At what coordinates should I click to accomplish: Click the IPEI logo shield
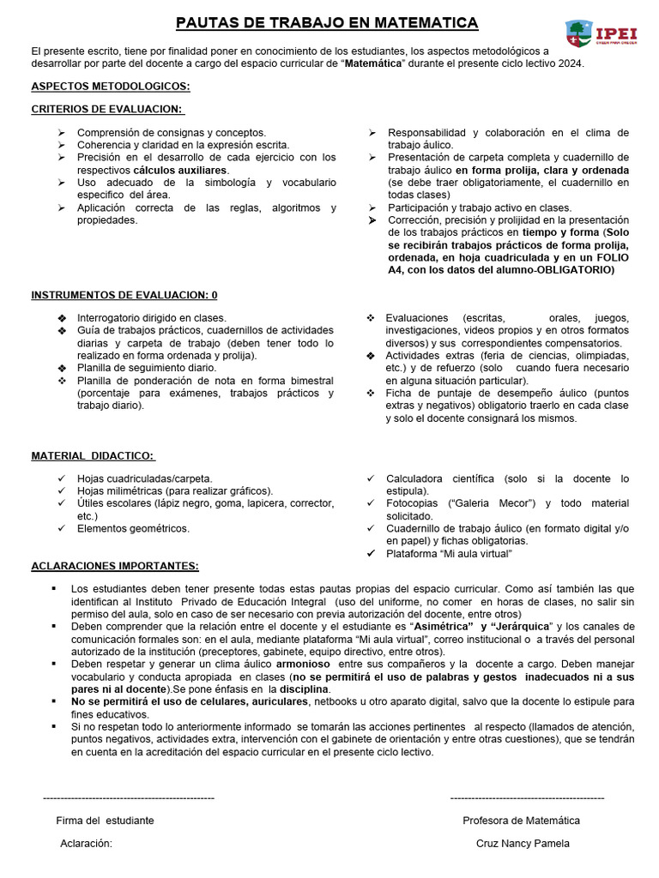(x=578, y=34)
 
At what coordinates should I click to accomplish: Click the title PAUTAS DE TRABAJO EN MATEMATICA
(x=327, y=23)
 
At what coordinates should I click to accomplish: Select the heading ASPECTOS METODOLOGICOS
(x=111, y=87)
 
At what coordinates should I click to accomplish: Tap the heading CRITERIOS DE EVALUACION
(x=108, y=109)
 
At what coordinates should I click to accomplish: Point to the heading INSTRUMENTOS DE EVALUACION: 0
(x=124, y=295)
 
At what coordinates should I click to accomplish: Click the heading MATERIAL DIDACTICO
(x=94, y=455)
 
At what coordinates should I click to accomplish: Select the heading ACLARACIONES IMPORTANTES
(x=115, y=566)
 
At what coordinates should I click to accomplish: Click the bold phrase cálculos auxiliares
(x=180, y=170)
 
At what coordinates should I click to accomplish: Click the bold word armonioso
(x=303, y=664)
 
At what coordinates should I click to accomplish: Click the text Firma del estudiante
(x=106, y=821)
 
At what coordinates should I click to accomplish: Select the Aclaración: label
(x=87, y=844)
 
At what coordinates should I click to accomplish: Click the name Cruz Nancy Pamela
(x=523, y=844)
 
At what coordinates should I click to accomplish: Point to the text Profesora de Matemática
(x=522, y=821)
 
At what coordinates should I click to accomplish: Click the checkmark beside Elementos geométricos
(x=61, y=529)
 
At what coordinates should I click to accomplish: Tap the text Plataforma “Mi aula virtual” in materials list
(x=449, y=554)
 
